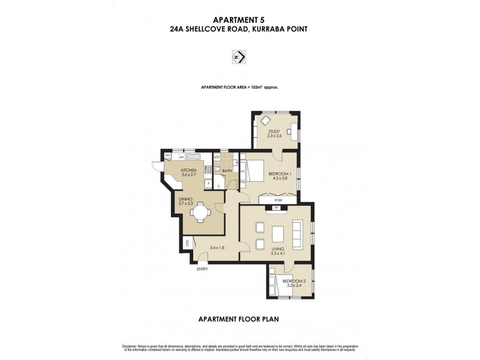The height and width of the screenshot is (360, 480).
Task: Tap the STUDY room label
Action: (274, 131)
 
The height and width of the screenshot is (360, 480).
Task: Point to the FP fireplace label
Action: (276, 208)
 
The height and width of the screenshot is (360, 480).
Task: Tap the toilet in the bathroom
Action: (218, 170)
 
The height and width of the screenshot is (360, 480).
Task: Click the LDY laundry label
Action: (217, 157)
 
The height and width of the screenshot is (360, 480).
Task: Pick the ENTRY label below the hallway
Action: (202, 269)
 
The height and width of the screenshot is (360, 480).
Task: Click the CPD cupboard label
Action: (187, 243)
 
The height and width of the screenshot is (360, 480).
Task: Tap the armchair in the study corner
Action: (265, 121)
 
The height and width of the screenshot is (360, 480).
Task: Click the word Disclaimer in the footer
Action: (130, 346)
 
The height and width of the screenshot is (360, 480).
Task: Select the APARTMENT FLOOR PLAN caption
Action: (239, 319)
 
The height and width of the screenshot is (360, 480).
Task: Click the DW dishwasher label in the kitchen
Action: (181, 157)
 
